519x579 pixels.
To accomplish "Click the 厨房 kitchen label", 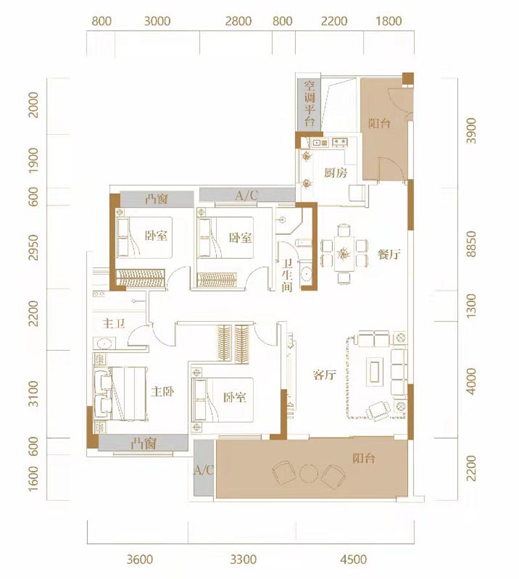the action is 336,172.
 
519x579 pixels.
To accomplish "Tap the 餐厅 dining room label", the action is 389,254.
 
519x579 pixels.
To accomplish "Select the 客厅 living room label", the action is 324,375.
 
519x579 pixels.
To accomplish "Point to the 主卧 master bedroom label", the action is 163,392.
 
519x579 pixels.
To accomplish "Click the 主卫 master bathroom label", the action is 114,324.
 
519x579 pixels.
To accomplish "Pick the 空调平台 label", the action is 309,104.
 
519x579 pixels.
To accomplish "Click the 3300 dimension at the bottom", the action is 243,560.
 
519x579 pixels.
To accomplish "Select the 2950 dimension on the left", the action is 34,247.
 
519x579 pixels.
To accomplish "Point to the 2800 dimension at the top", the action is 239,21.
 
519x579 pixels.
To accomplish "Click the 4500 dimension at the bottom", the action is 354,560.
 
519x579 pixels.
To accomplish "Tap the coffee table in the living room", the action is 374,370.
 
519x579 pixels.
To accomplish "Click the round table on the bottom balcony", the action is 308,473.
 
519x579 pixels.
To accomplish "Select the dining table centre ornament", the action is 344,254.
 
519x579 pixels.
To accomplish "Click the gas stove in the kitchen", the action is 340,141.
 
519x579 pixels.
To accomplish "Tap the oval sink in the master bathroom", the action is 104,344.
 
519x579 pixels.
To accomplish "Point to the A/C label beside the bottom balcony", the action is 204,470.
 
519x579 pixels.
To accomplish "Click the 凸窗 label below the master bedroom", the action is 143,443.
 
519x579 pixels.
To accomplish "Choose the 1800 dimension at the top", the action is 389,21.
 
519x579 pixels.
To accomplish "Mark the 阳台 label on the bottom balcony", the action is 364,458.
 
